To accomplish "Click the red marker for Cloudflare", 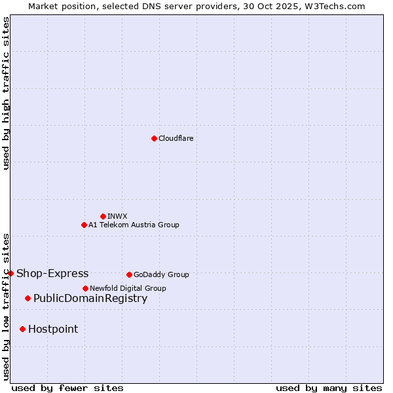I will coord(154,138).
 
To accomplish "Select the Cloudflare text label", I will coord(176,138).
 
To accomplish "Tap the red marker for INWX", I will coord(103,216).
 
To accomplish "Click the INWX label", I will coord(117,216).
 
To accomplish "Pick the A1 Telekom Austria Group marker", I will coord(84,225).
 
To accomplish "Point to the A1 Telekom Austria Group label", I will coord(134,225).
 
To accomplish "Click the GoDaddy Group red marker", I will coord(129,274).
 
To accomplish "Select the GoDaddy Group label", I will coord(161,274).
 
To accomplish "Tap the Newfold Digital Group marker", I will coord(85,288).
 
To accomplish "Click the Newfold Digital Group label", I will coord(128,288).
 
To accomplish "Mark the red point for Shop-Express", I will coord(10,273).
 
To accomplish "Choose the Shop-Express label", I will coord(52,273).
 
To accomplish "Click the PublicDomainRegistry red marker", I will coord(28,299).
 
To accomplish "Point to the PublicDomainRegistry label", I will coord(90,299).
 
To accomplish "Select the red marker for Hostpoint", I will coord(22,329).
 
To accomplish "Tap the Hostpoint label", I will coord(53,329).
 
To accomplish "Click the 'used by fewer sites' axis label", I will coord(67,388).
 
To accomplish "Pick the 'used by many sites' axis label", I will coord(329,388).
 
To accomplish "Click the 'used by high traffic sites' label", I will coord(6,94).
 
